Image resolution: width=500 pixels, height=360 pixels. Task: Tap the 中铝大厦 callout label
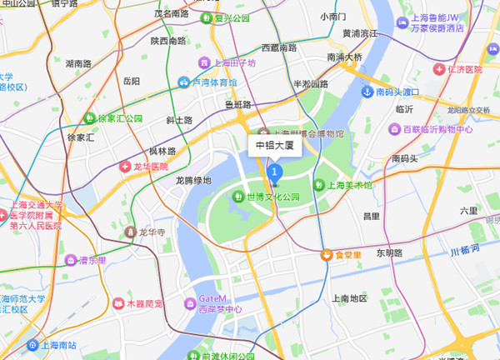click(275, 145)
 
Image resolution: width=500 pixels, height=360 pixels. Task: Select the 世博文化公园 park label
click(271, 197)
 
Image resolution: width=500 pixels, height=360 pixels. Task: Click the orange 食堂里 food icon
click(327, 254)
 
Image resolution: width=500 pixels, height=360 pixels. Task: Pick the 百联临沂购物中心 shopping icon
click(395, 129)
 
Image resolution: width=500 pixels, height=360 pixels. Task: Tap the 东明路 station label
click(389, 252)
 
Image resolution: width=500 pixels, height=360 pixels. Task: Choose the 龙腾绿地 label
click(193, 180)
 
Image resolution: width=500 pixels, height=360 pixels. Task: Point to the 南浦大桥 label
click(345, 57)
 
